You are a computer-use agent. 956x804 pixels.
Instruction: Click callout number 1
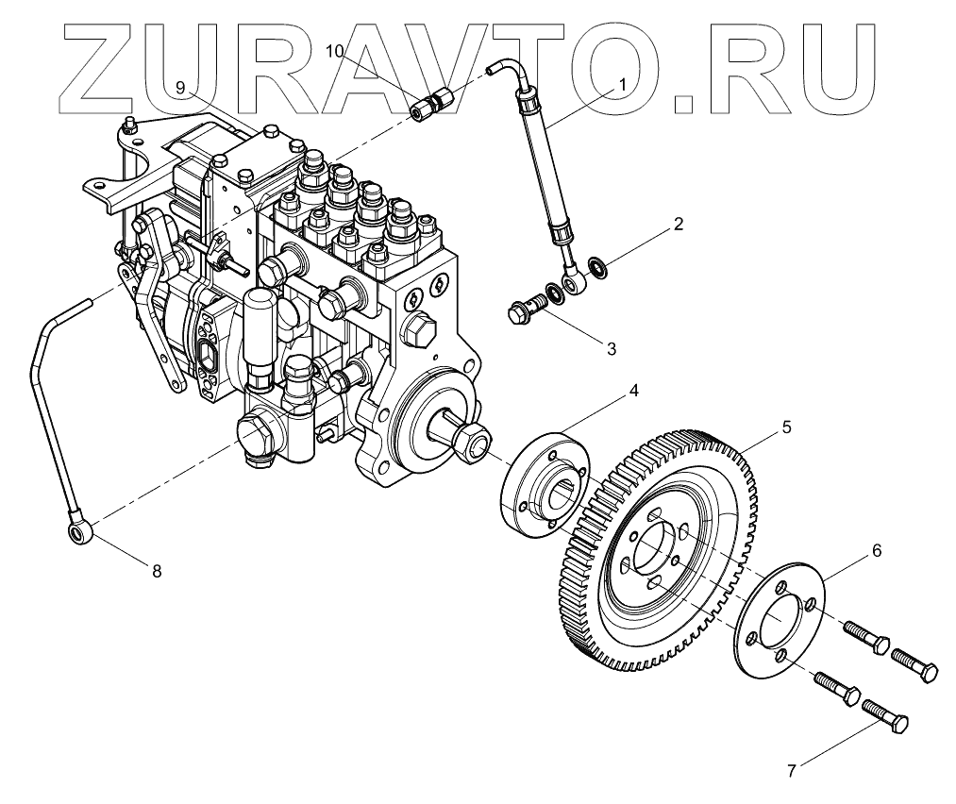623,84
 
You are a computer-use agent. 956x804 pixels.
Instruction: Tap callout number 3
611,348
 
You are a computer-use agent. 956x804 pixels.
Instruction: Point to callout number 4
635,391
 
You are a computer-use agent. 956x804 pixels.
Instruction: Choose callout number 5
786,427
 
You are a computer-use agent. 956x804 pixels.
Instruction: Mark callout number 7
793,769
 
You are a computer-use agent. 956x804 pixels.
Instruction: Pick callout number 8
157,570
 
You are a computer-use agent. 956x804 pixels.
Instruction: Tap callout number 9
180,88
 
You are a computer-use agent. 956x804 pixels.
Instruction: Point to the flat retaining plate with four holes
779,618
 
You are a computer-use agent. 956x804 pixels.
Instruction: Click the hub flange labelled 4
543,483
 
